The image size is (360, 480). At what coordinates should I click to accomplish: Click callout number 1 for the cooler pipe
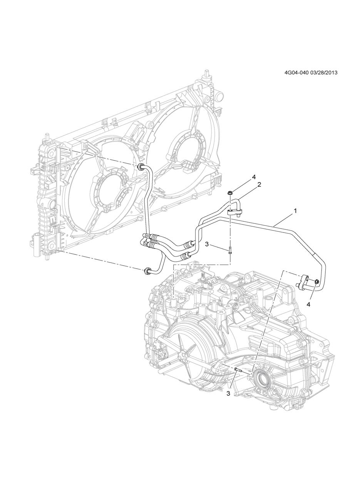pos(295,211)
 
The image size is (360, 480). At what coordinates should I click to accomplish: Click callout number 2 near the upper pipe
pos(259,184)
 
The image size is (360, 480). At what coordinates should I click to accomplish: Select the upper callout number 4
pos(254,177)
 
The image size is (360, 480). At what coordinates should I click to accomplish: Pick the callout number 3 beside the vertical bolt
pos(207,244)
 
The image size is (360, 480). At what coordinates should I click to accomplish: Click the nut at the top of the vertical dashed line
pos(230,193)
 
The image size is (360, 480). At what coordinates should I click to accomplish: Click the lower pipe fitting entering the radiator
pos(147,271)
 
